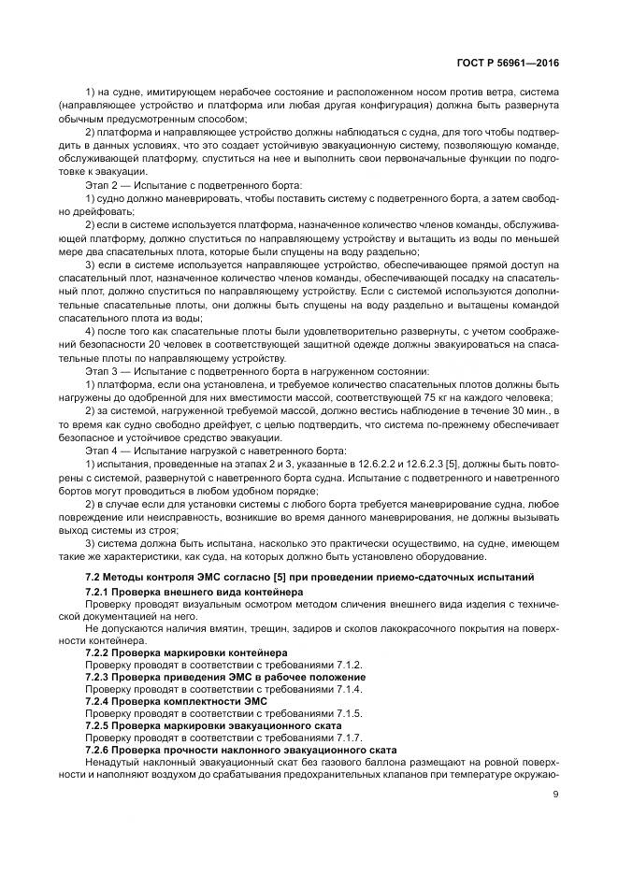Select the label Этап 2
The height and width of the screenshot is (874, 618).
tap(103, 185)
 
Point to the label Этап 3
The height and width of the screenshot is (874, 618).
tap(103, 371)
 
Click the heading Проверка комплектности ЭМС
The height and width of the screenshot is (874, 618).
tap(193, 700)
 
